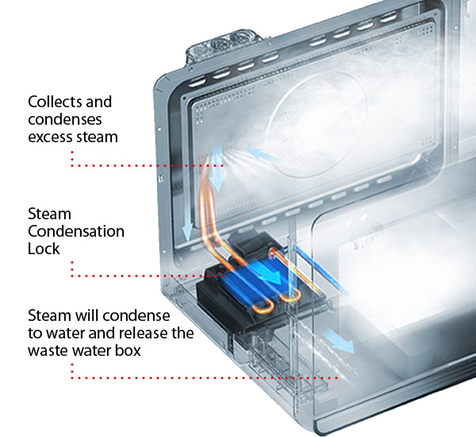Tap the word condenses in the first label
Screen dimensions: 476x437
click(65, 119)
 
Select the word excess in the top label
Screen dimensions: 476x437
click(50, 137)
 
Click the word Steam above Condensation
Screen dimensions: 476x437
click(49, 214)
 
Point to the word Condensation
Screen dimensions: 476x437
click(76, 231)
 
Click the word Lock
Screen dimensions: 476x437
click(44, 249)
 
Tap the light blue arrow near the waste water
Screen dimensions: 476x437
click(339, 341)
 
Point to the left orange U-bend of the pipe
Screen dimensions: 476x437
click(263, 311)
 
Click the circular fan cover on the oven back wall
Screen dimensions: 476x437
click(317, 124)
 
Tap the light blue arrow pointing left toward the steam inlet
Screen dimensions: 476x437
click(261, 155)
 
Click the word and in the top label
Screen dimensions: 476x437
click(99, 102)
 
